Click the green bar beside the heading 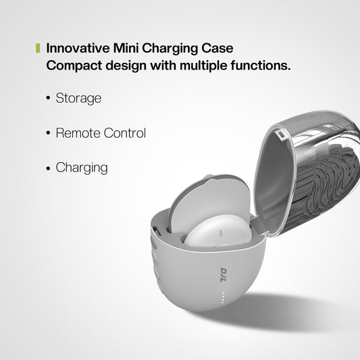tap(38, 49)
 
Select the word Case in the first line tap(218, 49)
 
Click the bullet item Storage tap(78, 98)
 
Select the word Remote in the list tap(78, 133)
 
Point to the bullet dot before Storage tap(48, 99)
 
